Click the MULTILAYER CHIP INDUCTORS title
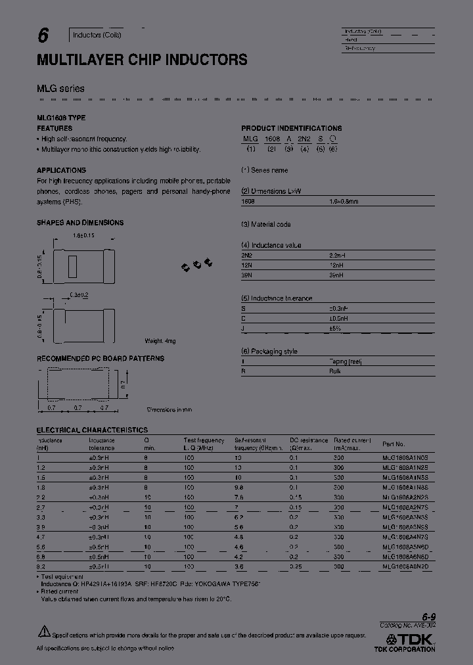pos(142,60)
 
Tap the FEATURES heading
pos(55,128)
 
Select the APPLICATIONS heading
pos(62,170)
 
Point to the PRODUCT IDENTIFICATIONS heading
pos(291,128)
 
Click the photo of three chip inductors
pos(197,264)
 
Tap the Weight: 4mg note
pos(160,341)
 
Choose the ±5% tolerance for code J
pos(335,329)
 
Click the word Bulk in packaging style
pos(335,371)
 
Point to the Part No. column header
pos(394,444)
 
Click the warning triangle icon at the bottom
pos(43,631)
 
